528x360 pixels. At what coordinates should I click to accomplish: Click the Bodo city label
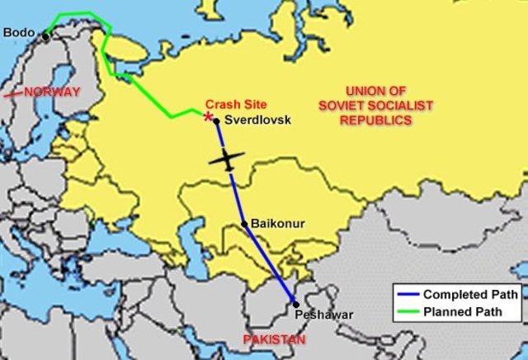pyautogui.click(x=19, y=33)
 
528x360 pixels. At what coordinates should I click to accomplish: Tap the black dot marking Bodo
pyautogui.click(x=46, y=36)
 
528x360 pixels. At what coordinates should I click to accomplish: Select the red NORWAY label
pyautogui.click(x=51, y=92)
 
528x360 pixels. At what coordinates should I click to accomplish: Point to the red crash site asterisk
pyautogui.click(x=208, y=116)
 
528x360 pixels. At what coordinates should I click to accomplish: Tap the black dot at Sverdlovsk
pyautogui.click(x=216, y=121)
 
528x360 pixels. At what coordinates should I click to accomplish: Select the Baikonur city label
pyautogui.click(x=277, y=223)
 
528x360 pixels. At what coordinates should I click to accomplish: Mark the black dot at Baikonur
pyautogui.click(x=244, y=224)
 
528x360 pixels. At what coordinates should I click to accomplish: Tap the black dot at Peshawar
pyautogui.click(x=296, y=304)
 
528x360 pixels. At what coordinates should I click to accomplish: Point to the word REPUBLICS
pyautogui.click(x=378, y=120)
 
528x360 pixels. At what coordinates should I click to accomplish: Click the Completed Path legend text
pyautogui.click(x=471, y=294)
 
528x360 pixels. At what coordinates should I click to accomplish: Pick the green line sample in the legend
pyautogui.click(x=407, y=312)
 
